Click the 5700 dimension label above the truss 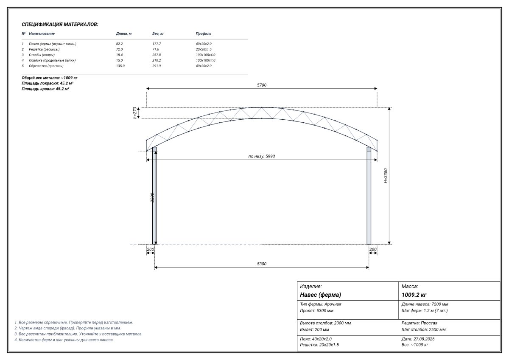[x=262, y=85]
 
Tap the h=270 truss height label [x=135, y=113]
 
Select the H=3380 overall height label [x=386, y=176]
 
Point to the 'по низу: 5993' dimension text [x=262, y=156]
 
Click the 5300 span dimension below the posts [x=262, y=264]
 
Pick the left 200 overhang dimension [x=150, y=250]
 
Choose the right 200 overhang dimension [x=373, y=250]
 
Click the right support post [x=369, y=196]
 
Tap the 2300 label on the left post [x=152, y=198]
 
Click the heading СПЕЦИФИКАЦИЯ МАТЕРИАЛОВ [x=60, y=25]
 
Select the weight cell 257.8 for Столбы [x=157, y=55]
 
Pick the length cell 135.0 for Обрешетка [x=120, y=66]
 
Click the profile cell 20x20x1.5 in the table [x=204, y=49]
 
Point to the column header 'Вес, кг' [x=158, y=34]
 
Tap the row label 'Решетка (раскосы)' [x=44, y=49]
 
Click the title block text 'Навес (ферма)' [x=320, y=295]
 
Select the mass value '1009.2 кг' [x=414, y=295]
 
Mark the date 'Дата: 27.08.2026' [x=418, y=339]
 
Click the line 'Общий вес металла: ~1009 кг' [x=50, y=78]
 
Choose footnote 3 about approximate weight [x=78, y=334]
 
